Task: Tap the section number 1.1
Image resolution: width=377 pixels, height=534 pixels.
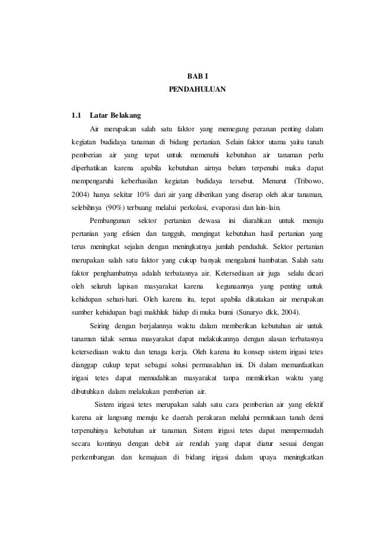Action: click(x=76, y=115)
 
